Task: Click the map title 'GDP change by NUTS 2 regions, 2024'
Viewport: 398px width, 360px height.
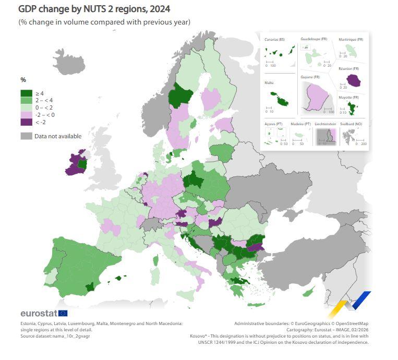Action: point(94,9)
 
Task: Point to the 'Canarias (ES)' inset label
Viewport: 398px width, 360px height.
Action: point(274,40)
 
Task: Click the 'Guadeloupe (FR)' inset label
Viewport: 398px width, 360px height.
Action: point(313,39)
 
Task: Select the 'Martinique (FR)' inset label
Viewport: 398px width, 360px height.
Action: point(351,39)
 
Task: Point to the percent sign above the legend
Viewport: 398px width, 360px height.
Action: point(23,80)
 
